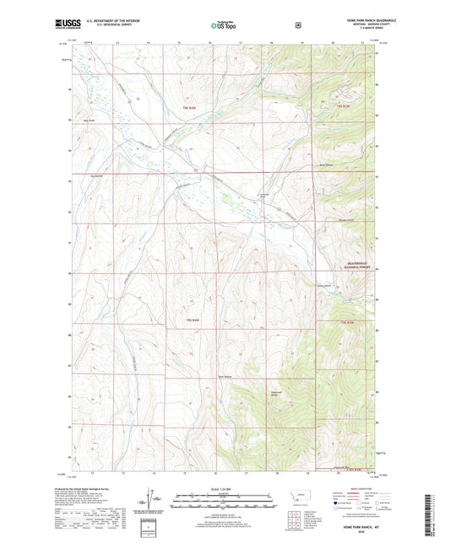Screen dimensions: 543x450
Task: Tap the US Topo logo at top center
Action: pyautogui.click(x=224, y=26)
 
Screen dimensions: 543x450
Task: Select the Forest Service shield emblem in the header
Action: pyautogui.click(x=297, y=25)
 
